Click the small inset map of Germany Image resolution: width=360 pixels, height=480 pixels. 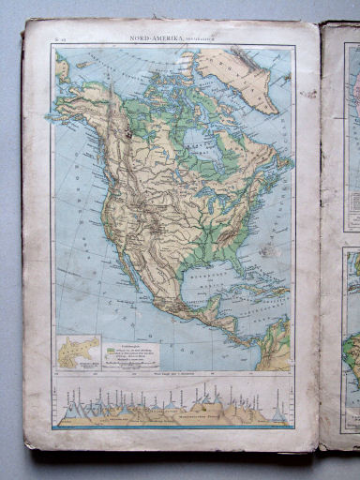(x=78, y=352)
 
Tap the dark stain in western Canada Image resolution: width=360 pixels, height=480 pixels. (x=124, y=138)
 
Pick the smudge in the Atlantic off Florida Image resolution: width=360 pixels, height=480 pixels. (x=266, y=251)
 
